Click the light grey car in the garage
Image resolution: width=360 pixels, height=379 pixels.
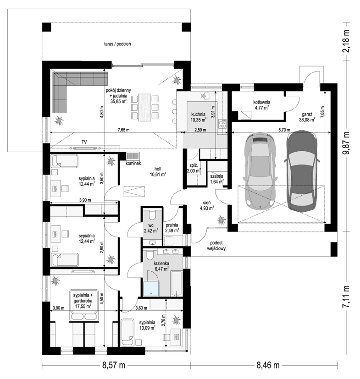click(260, 170)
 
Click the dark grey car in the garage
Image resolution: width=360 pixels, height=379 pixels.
click(302, 171)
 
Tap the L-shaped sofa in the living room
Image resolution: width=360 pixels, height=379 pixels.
click(72, 88)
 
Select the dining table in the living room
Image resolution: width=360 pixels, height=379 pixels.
click(145, 107)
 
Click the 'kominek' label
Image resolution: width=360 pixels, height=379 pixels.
click(133, 164)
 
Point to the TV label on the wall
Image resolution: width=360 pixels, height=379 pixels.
click(84, 142)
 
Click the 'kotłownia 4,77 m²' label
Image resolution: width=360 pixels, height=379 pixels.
click(262, 105)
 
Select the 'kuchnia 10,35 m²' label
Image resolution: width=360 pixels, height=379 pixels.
click(199, 117)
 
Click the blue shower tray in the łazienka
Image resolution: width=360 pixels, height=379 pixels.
click(151, 289)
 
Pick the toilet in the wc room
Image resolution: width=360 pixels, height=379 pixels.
click(153, 215)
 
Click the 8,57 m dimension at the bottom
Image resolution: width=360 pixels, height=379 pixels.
click(114, 365)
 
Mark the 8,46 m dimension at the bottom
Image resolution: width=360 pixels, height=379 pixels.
click(268, 365)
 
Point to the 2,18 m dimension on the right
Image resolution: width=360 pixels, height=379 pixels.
click(347, 41)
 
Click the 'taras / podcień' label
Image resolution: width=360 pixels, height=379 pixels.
click(117, 44)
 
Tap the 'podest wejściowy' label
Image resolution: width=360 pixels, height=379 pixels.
click(216, 246)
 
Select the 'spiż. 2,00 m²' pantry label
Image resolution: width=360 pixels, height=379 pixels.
click(194, 169)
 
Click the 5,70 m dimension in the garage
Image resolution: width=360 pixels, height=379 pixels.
click(284, 130)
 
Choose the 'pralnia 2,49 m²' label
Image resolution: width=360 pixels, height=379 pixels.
click(172, 228)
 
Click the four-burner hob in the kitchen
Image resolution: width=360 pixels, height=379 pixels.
click(222, 124)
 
